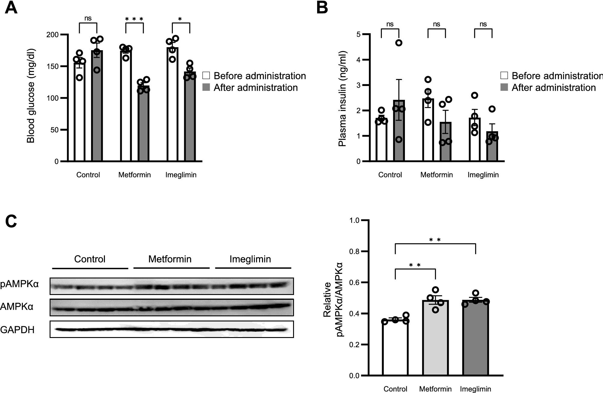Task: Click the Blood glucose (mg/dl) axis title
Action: point(31,96)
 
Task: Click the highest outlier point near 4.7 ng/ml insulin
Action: point(399,43)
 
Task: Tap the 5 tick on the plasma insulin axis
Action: point(358,35)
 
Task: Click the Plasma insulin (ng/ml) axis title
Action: point(342,99)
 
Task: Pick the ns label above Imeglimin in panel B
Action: point(483,24)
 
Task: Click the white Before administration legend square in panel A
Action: point(206,75)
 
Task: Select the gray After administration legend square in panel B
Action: point(504,88)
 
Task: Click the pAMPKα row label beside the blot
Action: point(20,284)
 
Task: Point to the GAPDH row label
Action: point(17,330)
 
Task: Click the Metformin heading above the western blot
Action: point(170,259)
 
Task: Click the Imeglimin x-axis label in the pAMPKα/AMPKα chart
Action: point(475,389)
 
